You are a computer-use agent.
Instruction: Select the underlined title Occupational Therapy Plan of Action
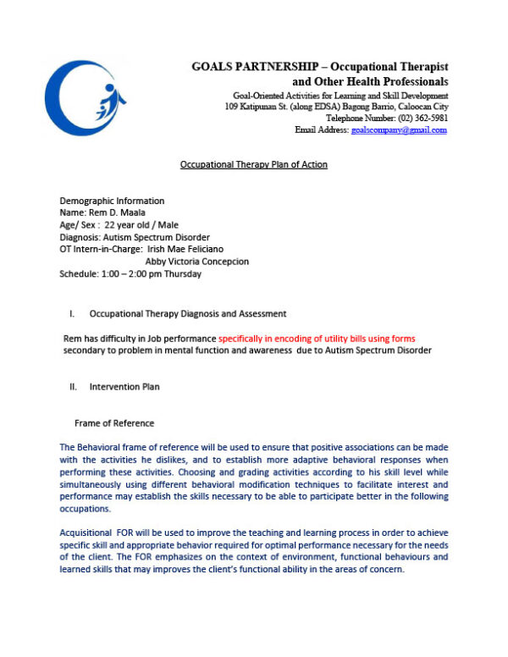point(253,164)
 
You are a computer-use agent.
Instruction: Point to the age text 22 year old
point(127,225)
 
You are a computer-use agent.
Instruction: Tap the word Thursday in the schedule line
point(182,274)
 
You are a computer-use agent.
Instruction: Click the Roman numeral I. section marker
point(72,314)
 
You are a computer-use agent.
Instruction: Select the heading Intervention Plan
point(124,387)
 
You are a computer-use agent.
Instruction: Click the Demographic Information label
point(112,201)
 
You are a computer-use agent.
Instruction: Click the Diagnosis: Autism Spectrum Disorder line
point(135,237)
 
